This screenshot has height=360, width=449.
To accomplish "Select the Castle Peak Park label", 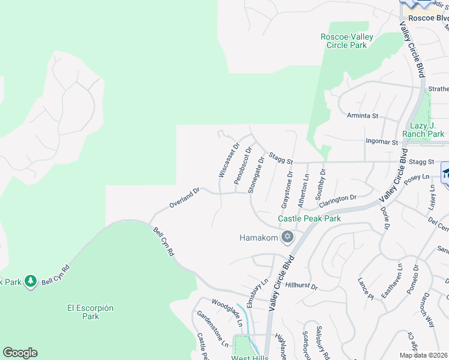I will coord(309,218).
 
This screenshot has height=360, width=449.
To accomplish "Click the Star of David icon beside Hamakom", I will coord(288,238).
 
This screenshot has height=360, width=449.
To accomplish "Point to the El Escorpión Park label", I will coord(90,312).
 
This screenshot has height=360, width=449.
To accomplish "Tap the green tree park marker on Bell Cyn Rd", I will coord(31,281).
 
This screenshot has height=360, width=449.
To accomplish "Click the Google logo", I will coord(20,353).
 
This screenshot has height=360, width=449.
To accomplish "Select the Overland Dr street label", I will coord(184,198).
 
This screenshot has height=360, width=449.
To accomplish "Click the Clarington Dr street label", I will coord(338,199).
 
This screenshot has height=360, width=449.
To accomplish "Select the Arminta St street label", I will coord(363,115).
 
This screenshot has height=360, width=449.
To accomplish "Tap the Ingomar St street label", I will coord(382,142).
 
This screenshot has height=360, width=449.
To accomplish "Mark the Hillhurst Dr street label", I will coord(301,286).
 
